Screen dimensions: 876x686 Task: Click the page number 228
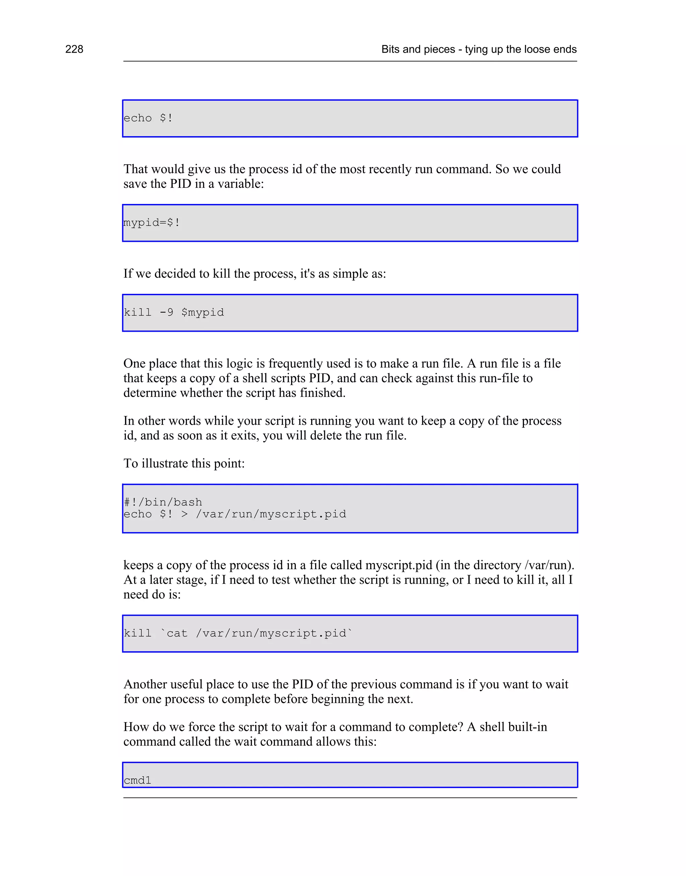pos(74,49)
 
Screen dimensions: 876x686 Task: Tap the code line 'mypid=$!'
pos(152,223)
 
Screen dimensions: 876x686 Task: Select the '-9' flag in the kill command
pos(166,312)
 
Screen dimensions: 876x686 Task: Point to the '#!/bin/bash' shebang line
pos(163,502)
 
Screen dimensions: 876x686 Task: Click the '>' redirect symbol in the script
pos(184,514)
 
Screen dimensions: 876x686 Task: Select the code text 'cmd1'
pos(137,780)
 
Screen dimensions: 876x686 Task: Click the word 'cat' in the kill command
pos(177,633)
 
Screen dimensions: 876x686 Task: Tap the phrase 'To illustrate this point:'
pos(184,463)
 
